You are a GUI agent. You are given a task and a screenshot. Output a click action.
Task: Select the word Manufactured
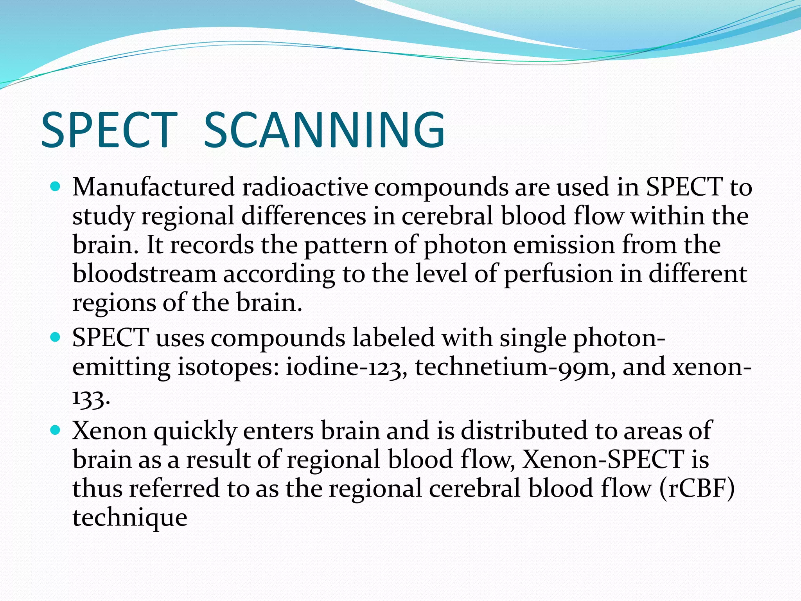tap(153, 187)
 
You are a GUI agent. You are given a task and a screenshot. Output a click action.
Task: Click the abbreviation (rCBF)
tap(697, 489)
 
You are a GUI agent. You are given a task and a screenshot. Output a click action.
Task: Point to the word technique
tap(130, 518)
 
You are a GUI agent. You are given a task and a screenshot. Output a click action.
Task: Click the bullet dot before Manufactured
tap(56, 187)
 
